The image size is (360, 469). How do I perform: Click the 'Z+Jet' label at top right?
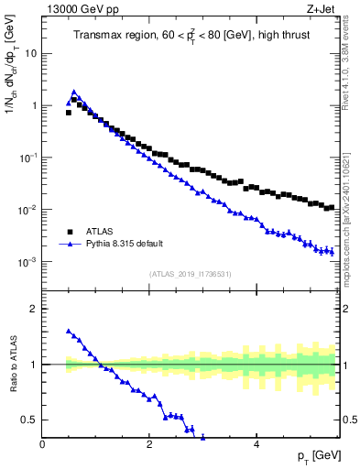coord(322,10)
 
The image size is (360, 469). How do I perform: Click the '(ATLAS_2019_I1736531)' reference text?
coord(190,274)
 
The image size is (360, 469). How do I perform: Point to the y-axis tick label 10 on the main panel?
coord(31,53)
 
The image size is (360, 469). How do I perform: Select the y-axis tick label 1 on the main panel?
coord(34,105)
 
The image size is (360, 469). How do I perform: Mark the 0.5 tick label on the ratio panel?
coord(30,420)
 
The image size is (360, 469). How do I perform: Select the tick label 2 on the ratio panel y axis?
coord(34,309)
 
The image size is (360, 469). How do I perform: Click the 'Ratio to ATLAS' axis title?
coord(12,365)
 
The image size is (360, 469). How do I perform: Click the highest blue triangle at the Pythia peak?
coord(74,93)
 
